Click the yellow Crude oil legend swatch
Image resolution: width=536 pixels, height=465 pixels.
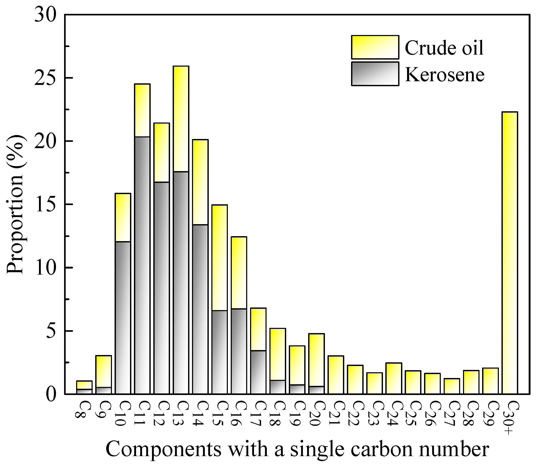(x=375, y=47)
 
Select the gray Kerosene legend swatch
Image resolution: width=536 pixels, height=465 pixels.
(x=375, y=74)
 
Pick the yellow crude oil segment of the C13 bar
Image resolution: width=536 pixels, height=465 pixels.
(x=181, y=119)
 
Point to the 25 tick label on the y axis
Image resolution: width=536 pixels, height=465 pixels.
(x=46, y=78)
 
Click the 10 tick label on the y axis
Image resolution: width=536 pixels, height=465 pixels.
(x=46, y=268)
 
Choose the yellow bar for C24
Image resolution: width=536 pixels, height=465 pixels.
(x=394, y=378)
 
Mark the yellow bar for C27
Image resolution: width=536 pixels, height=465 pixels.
(x=452, y=386)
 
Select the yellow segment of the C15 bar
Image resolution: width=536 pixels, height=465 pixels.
(x=219, y=257)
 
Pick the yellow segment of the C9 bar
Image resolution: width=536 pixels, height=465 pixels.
(x=104, y=371)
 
